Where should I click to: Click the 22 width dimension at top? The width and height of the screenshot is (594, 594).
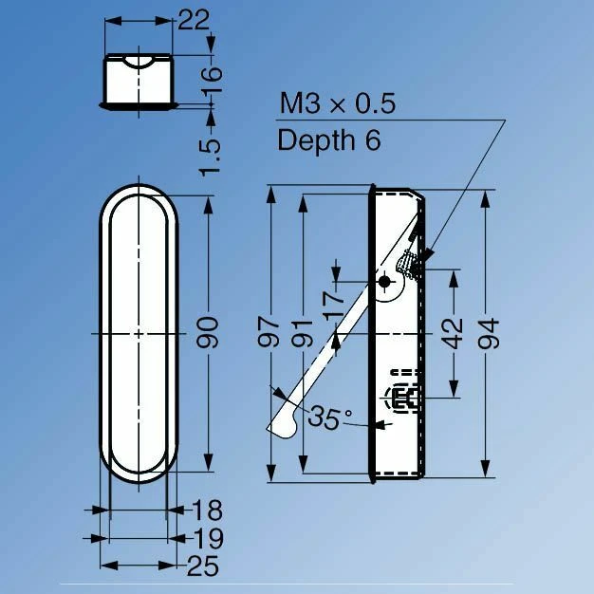[194, 20]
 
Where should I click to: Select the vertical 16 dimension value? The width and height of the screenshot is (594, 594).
[211, 80]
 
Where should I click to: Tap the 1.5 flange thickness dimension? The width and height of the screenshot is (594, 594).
[210, 158]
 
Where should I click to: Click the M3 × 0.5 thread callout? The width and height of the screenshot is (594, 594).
[337, 103]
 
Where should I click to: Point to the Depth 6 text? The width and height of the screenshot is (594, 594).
[329, 139]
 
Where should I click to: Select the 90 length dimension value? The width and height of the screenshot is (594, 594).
[208, 333]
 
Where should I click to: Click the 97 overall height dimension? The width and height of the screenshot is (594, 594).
[269, 333]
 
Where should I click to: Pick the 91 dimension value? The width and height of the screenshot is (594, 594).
[302, 333]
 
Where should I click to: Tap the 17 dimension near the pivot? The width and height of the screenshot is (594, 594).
[334, 306]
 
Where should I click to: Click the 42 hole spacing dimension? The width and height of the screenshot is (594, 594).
[453, 333]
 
